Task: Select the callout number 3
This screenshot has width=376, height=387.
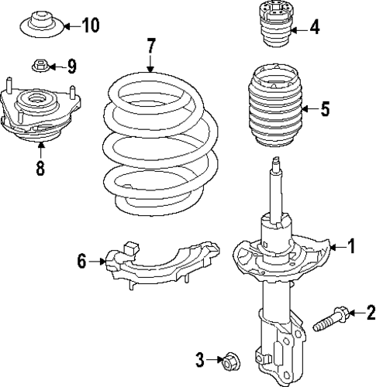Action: (200, 358)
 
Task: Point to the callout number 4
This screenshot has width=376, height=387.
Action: (313, 29)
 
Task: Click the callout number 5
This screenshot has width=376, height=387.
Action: (324, 110)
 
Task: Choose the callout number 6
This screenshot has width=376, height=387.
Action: (81, 262)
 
